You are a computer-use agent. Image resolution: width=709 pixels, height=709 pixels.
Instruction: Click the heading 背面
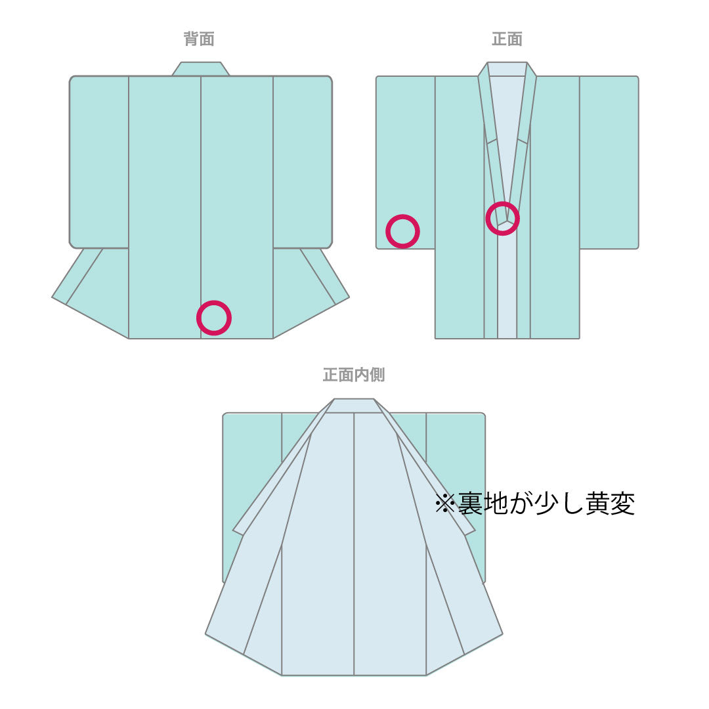pyautogui.click(x=199, y=39)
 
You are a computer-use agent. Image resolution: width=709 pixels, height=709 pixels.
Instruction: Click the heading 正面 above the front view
pyautogui.click(x=507, y=39)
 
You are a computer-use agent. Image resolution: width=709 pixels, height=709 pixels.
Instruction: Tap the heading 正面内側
pyautogui.click(x=353, y=375)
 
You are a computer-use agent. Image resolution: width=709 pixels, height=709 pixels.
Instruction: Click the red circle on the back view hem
pyautogui.click(x=214, y=318)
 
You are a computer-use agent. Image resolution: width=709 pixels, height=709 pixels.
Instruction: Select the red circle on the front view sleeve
pyautogui.click(x=402, y=231)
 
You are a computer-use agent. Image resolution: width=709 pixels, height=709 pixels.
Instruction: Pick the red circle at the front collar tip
pyautogui.click(x=503, y=218)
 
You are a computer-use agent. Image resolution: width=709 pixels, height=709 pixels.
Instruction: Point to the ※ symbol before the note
pyautogui.click(x=446, y=504)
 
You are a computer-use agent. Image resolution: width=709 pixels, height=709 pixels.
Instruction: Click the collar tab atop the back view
pyautogui.click(x=201, y=69)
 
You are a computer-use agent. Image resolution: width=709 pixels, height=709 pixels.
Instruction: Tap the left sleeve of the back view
pyautogui.click(x=99, y=161)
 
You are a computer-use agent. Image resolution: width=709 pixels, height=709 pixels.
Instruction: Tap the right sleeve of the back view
pyautogui.click(x=302, y=161)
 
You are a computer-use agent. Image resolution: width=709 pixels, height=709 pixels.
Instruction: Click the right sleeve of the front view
pyautogui.click(x=609, y=161)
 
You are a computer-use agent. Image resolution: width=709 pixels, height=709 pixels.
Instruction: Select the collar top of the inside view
pyautogui.click(x=354, y=406)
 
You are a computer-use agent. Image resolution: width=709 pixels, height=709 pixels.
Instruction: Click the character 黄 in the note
pyautogui.click(x=596, y=504)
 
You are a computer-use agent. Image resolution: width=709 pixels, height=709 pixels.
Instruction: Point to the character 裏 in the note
pyautogui.click(x=470, y=504)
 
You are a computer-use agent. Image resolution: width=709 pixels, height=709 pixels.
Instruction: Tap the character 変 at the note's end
pyautogui.click(x=622, y=504)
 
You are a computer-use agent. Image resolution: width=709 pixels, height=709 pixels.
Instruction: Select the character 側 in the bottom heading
pyautogui.click(x=377, y=375)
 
